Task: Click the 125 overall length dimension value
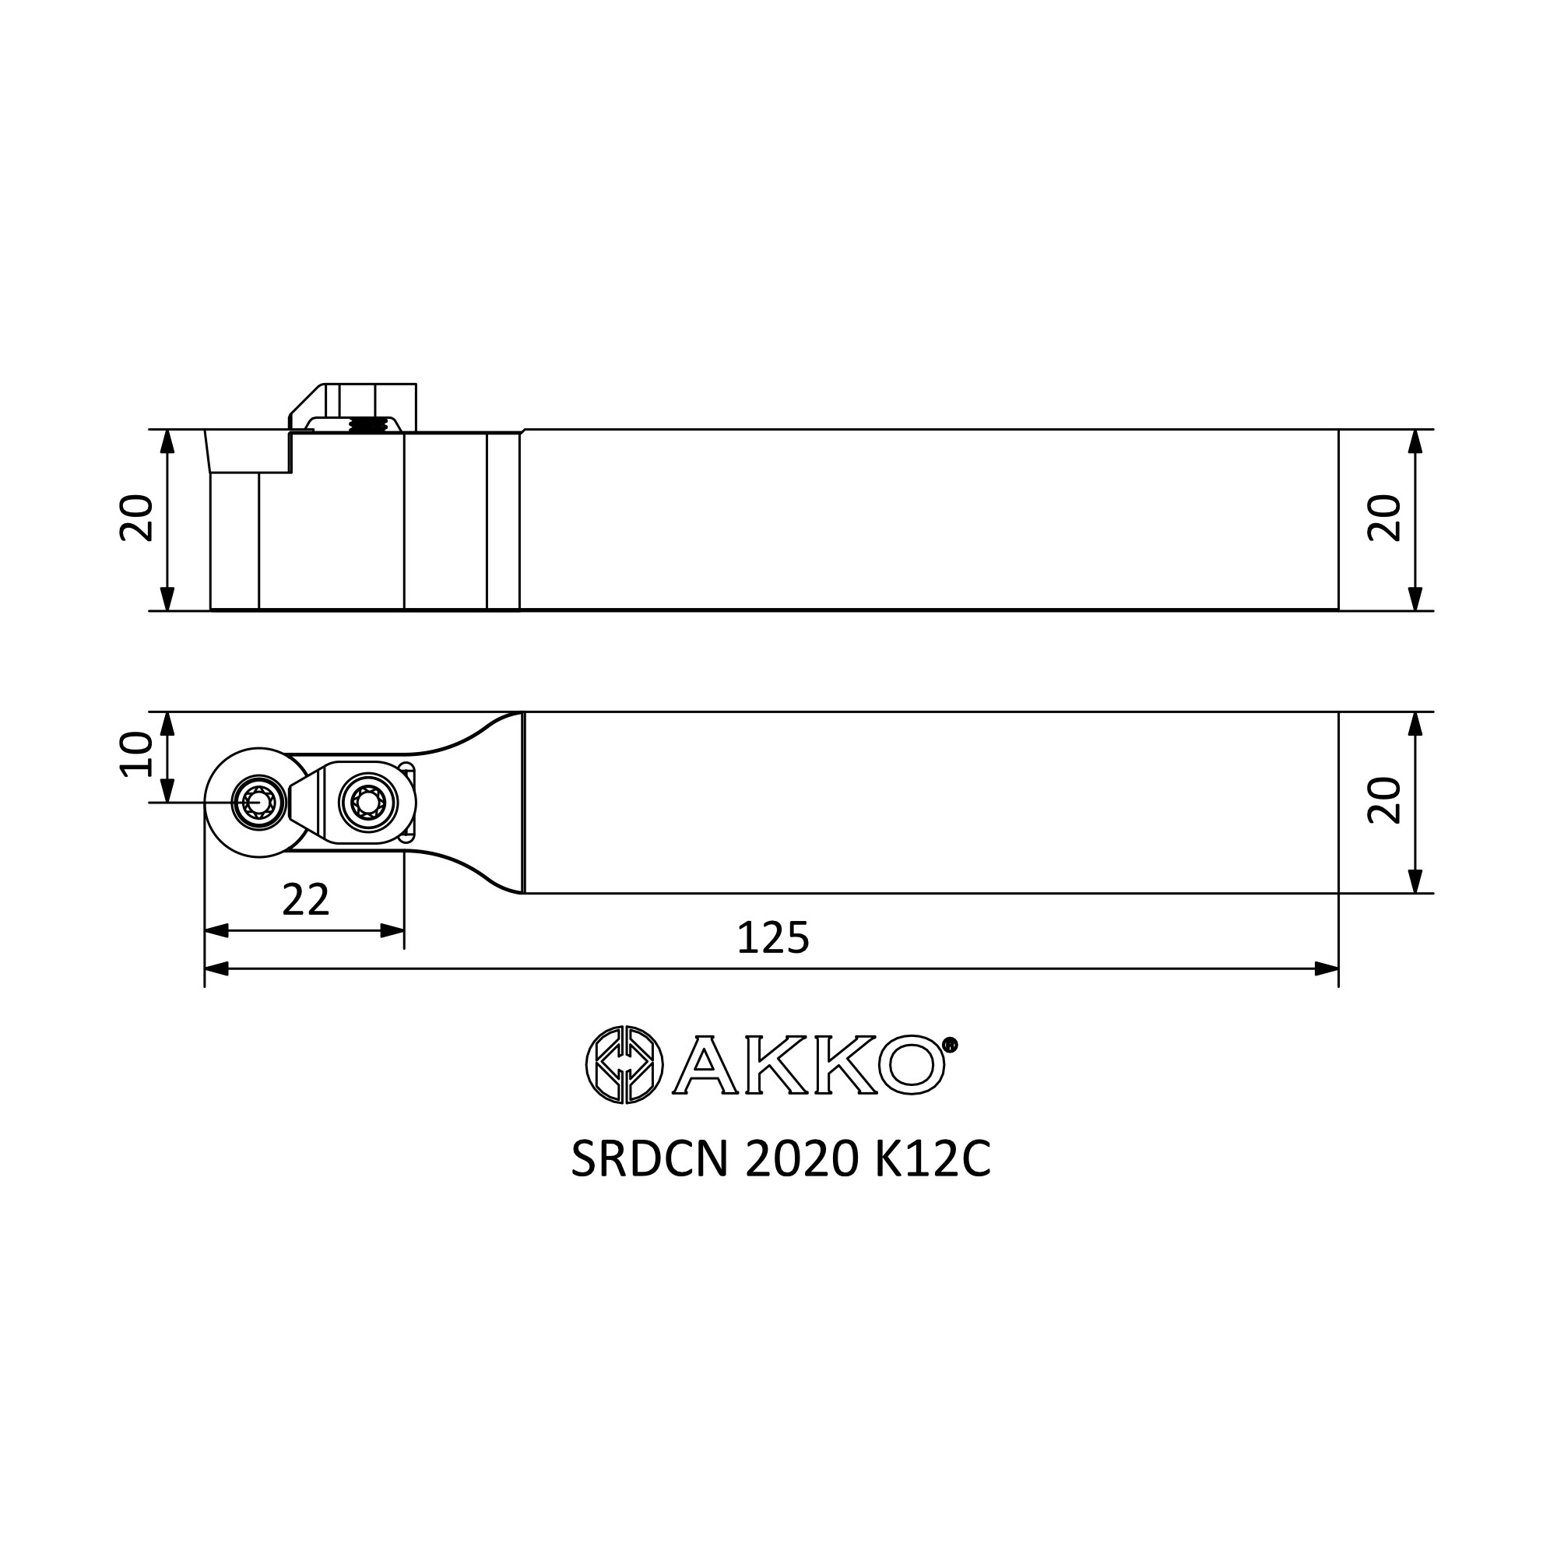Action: [x=773, y=938]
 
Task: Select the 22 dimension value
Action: [x=306, y=900]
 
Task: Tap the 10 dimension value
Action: [x=136, y=754]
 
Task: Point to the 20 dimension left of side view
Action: [x=136, y=518]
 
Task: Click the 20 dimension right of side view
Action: [x=1384, y=518]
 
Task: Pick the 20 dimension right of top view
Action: [x=1384, y=800]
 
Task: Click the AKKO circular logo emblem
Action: [x=624, y=1064]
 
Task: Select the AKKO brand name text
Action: [x=808, y=1064]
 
